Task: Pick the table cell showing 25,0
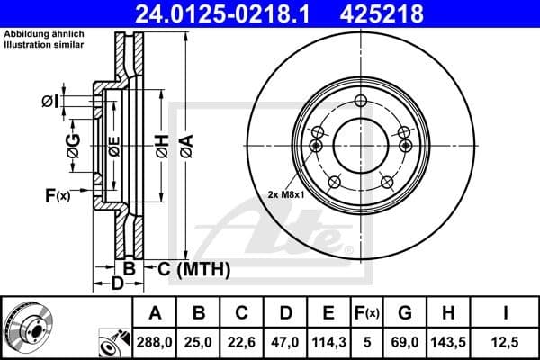201,342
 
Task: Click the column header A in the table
156,313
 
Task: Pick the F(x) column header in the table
365,313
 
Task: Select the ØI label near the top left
49,101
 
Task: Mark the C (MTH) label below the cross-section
193,269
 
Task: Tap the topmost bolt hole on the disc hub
361,101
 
